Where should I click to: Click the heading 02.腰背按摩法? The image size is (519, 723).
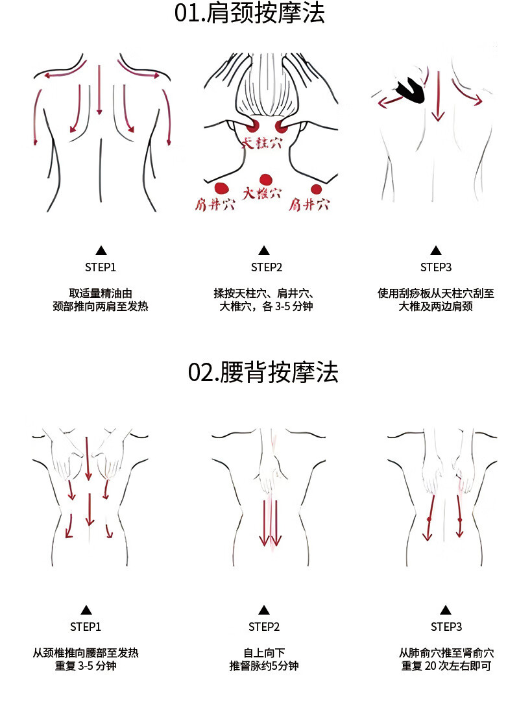click(263, 373)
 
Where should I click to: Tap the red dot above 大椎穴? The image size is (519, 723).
click(265, 180)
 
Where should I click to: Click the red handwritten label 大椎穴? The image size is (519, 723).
click(263, 193)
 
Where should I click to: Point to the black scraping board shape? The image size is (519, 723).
click(407, 90)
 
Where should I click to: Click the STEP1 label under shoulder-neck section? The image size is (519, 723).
click(101, 267)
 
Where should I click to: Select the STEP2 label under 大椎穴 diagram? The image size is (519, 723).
click(267, 267)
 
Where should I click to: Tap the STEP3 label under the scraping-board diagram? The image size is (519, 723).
click(436, 267)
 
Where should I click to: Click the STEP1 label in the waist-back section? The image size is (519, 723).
click(86, 626)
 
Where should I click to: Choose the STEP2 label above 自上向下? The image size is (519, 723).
click(264, 626)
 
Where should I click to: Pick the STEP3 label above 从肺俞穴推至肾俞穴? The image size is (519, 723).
click(446, 626)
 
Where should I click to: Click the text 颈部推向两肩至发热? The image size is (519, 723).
click(101, 306)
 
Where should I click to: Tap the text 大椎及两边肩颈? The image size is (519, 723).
click(435, 306)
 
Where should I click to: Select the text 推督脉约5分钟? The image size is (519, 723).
click(264, 666)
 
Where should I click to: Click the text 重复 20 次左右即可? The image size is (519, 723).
click(446, 666)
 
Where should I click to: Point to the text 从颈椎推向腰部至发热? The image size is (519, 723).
click(86, 653)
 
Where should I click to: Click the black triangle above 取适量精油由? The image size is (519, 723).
click(101, 250)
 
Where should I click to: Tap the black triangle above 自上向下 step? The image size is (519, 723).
click(264, 609)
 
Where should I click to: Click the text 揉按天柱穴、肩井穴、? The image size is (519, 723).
click(264, 293)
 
